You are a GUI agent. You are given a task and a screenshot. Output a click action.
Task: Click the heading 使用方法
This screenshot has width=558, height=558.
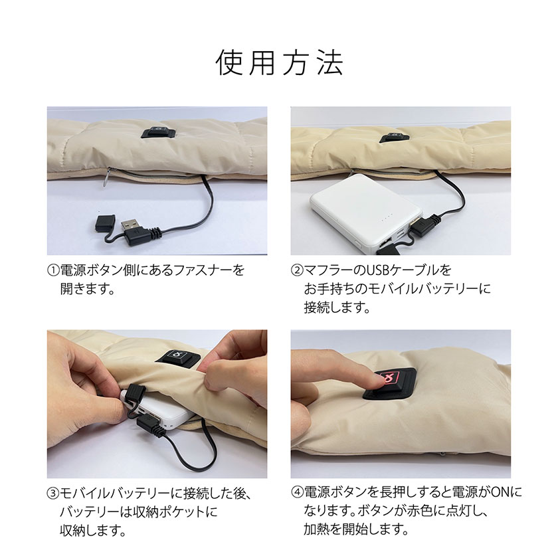[280, 62]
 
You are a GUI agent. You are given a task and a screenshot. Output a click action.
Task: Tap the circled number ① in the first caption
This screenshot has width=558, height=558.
[53, 270]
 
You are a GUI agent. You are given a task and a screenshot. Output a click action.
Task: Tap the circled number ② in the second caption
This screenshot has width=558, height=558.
[297, 270]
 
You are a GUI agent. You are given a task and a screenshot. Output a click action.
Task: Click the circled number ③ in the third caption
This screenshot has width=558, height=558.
[53, 493]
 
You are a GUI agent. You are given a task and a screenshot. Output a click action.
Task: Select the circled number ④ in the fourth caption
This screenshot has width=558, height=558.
[297, 492]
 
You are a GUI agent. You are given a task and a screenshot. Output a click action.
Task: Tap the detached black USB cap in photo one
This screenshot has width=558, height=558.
[105, 222]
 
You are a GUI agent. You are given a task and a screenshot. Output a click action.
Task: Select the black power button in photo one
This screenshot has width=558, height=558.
[158, 132]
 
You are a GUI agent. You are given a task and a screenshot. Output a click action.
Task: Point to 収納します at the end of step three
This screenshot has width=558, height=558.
[93, 531]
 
